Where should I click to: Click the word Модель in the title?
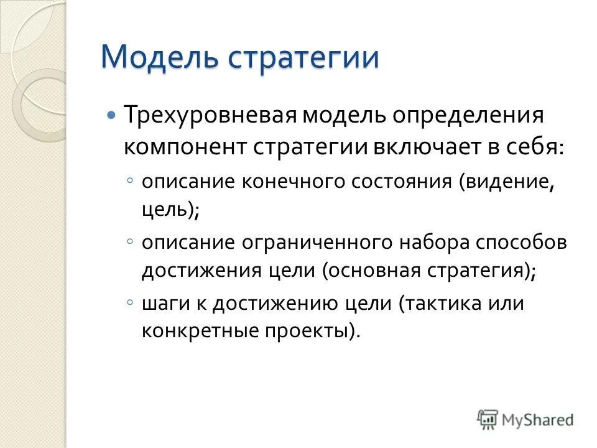click(159, 57)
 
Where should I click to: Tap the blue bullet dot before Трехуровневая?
click(111, 116)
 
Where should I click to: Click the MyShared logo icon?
click(488, 419)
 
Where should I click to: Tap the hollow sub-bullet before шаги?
click(129, 301)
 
